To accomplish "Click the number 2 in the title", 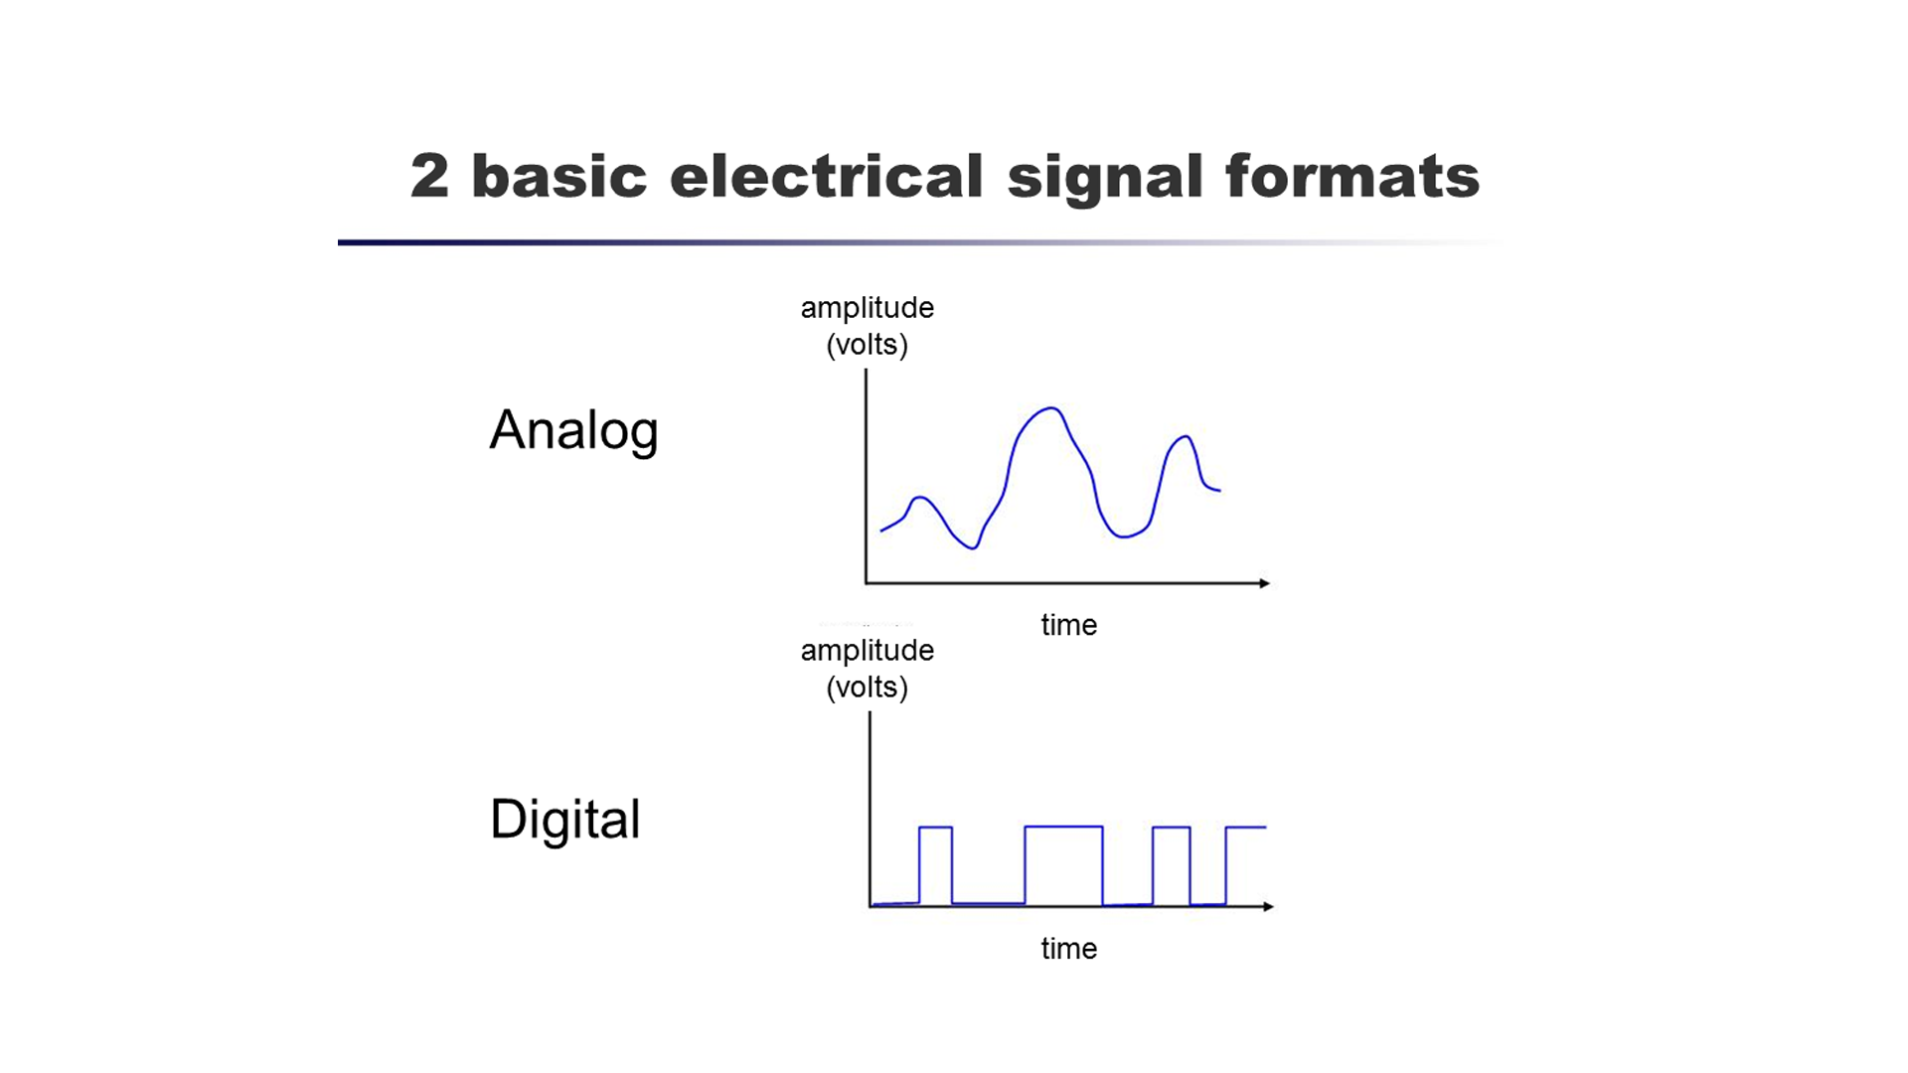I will [429, 177].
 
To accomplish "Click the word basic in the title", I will [558, 177].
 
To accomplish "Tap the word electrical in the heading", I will [826, 177].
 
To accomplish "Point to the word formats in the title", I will [1352, 177].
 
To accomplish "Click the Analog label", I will [573, 430].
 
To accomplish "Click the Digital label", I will [564, 820].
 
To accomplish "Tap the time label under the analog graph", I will [1068, 625].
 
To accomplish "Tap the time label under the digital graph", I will [1068, 949].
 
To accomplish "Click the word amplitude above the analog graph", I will [867, 308].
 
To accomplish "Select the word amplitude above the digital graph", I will [867, 651].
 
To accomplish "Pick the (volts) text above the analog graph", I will [867, 345].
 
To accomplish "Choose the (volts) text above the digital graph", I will [867, 688].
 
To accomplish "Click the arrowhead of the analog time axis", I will [1264, 583].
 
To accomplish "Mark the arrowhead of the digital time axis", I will [1267, 906].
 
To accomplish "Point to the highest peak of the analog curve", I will [1050, 408].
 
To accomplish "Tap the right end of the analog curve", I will [1218, 490].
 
